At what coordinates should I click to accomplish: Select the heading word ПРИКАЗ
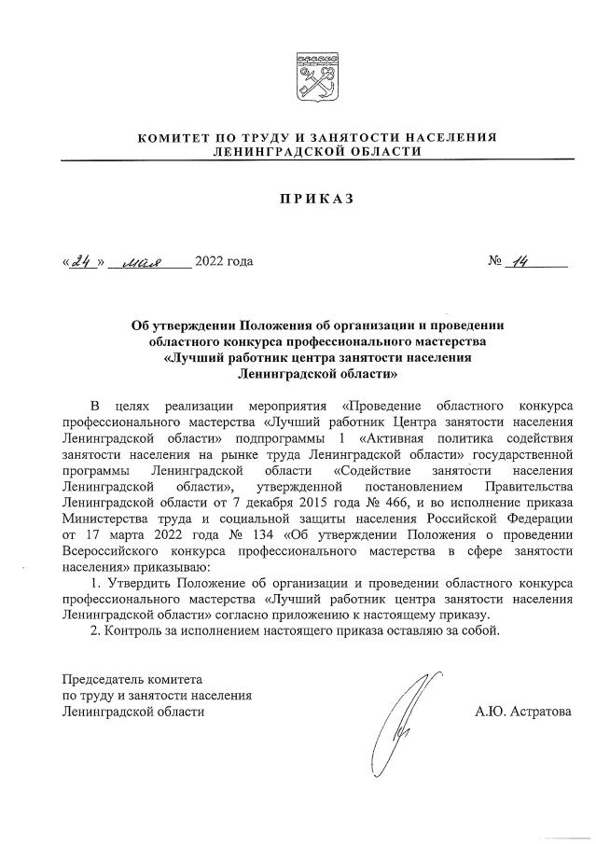tap(316, 200)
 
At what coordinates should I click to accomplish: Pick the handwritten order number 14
tap(520, 261)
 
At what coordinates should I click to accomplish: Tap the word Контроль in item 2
tap(132, 633)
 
